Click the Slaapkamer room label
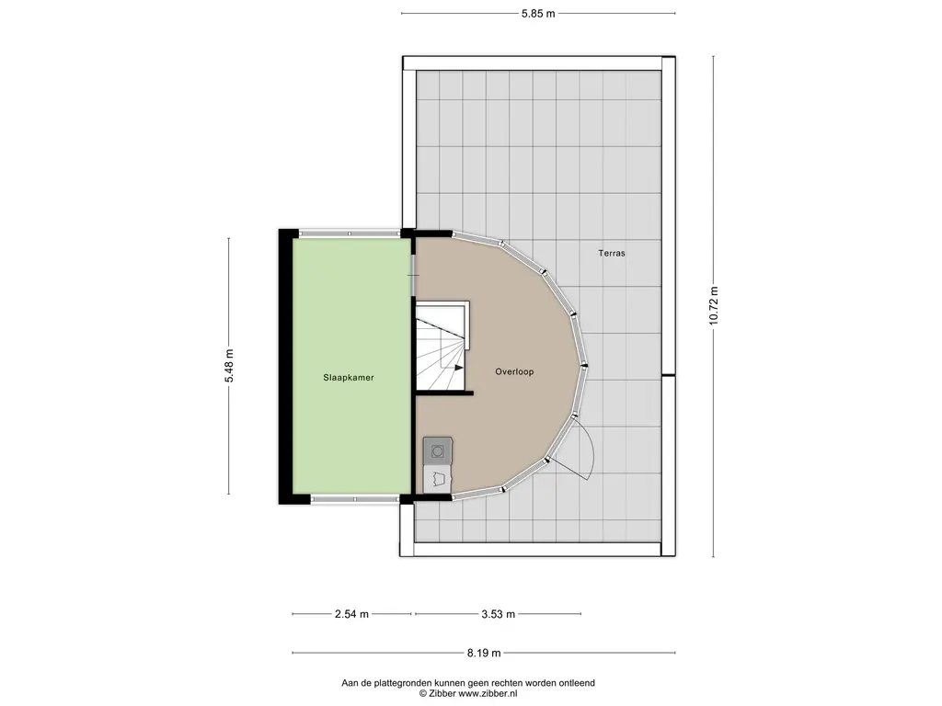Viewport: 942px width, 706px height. click(349, 378)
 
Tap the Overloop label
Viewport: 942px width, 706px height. click(514, 371)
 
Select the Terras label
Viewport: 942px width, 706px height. click(612, 254)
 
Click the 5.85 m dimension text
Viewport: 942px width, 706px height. click(538, 13)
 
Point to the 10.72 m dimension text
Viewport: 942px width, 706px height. click(714, 306)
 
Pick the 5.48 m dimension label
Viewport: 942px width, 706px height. click(229, 366)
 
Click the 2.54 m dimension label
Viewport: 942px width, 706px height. click(352, 614)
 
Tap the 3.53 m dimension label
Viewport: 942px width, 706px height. click(499, 614)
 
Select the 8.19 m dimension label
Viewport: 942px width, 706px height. click(484, 654)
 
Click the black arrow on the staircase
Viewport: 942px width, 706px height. click(458, 368)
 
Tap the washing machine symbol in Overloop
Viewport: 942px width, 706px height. click(438, 451)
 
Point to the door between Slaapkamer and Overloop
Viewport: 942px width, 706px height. click(413, 275)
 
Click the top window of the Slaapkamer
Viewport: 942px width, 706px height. click(350, 233)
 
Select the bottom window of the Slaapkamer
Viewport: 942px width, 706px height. click(354, 499)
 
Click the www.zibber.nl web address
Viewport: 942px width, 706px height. click(488, 693)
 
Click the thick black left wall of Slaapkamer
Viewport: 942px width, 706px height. click(285, 366)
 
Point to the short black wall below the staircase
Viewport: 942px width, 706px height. click(444, 393)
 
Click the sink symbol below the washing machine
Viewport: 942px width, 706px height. click(438, 480)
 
